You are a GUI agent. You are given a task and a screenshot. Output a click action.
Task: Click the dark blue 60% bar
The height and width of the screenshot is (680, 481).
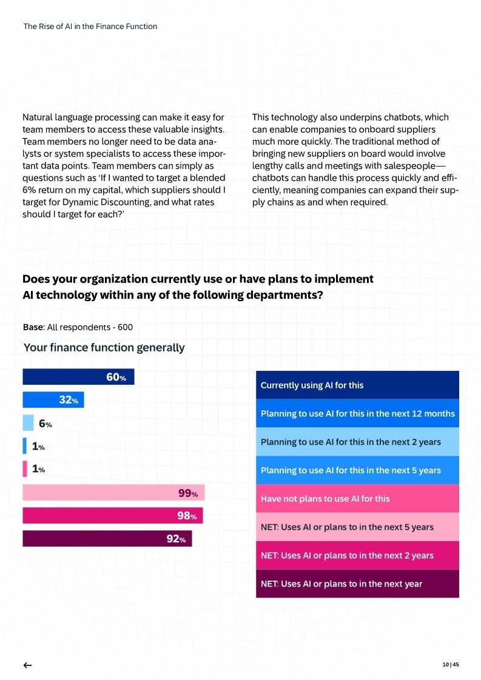(x=78, y=377)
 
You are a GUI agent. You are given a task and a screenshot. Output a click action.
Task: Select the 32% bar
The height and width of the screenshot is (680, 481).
(x=53, y=400)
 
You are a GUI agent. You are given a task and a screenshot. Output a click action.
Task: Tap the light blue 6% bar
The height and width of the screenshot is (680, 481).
(x=28, y=423)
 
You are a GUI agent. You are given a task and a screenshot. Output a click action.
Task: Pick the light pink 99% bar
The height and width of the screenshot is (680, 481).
(x=113, y=493)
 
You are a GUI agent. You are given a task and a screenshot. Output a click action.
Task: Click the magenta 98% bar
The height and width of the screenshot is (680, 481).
(x=112, y=516)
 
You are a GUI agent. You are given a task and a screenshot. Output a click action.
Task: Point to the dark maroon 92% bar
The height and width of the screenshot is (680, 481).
(x=107, y=539)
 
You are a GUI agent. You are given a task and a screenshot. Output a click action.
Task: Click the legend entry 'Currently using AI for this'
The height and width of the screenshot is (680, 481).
(x=357, y=385)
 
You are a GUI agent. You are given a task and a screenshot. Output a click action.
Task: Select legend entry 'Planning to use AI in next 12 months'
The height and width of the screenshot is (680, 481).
(x=357, y=413)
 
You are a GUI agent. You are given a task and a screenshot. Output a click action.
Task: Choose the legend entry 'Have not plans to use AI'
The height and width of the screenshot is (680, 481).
(x=357, y=499)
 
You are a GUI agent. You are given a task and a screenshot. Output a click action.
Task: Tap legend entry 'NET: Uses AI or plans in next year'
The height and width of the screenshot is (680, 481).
(x=357, y=584)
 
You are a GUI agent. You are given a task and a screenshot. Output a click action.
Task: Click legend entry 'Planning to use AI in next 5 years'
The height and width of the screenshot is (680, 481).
(x=357, y=470)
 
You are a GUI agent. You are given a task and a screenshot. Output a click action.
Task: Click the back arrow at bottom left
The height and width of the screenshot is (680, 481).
(x=27, y=665)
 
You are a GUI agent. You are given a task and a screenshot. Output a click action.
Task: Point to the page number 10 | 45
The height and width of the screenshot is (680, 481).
(x=451, y=665)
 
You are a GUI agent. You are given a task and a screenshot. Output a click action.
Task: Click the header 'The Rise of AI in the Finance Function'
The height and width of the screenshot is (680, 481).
(x=90, y=26)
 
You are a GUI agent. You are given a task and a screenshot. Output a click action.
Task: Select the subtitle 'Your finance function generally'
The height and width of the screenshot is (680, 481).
(x=104, y=348)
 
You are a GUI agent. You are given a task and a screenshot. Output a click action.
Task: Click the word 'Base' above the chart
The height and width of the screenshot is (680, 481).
(x=33, y=327)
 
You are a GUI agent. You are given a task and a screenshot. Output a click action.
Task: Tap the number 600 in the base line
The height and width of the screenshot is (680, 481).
(x=125, y=327)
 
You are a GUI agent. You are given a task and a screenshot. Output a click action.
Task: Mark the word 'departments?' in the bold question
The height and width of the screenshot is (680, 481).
(x=284, y=295)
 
